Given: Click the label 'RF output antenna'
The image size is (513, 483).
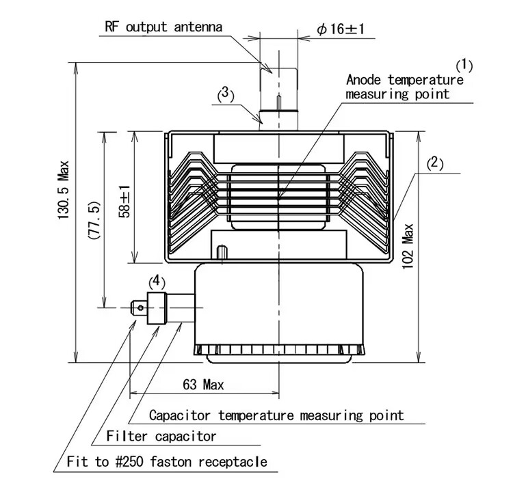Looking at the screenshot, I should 163,27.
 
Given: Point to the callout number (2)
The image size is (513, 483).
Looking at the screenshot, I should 435,163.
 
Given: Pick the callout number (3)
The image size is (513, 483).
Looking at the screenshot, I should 226,95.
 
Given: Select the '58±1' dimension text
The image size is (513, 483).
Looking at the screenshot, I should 124,200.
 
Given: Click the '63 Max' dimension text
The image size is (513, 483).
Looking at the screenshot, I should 203,385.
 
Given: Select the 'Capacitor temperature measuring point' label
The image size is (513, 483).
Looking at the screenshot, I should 276,415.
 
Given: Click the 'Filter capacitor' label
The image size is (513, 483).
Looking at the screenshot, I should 161,436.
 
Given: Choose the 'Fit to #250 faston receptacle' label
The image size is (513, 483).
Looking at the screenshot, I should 167,462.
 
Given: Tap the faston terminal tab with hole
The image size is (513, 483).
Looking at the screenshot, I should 140,307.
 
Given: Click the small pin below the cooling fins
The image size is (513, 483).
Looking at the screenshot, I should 221,253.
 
